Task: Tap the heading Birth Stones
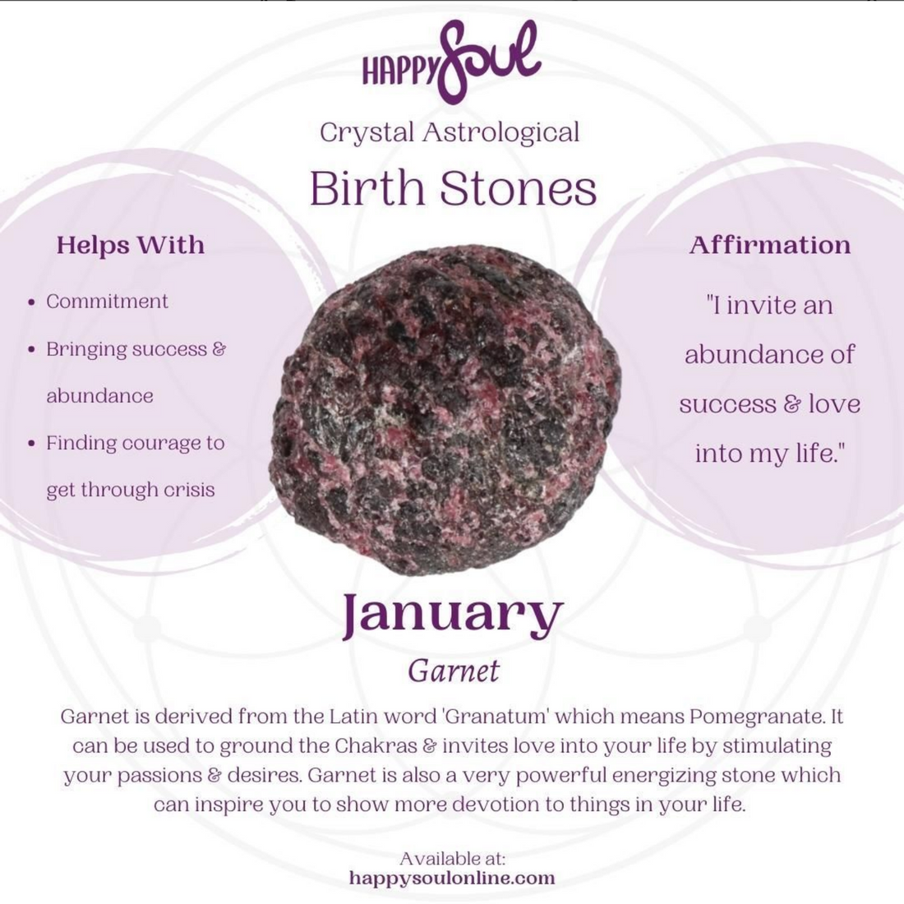(x=453, y=188)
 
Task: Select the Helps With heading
(x=131, y=244)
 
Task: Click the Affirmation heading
(x=770, y=244)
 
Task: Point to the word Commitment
(x=107, y=301)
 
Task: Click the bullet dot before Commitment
(x=32, y=302)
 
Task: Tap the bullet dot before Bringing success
(x=32, y=349)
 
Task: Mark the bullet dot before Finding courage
(x=32, y=443)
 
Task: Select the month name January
(x=453, y=616)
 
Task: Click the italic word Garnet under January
(x=453, y=671)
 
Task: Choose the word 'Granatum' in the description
(x=496, y=717)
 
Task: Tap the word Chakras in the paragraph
(x=376, y=746)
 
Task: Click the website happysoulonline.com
(x=452, y=878)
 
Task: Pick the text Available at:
(x=453, y=859)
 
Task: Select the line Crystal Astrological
(x=450, y=132)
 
